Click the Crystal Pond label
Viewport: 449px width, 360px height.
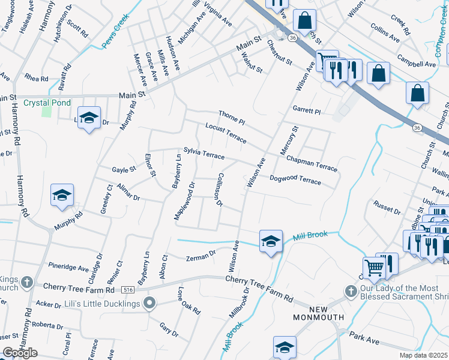pos(44,103)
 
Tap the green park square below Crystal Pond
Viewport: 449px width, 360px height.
pos(46,112)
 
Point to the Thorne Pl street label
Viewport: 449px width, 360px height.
pos(232,117)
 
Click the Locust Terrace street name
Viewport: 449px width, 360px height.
pos(226,133)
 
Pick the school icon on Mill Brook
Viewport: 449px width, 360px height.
pos(271,241)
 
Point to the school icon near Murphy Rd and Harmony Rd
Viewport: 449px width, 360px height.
pos(62,195)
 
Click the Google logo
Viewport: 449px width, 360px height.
pos(20,353)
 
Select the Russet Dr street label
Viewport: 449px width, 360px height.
pos(387,207)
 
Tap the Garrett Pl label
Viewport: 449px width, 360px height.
pos(307,110)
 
